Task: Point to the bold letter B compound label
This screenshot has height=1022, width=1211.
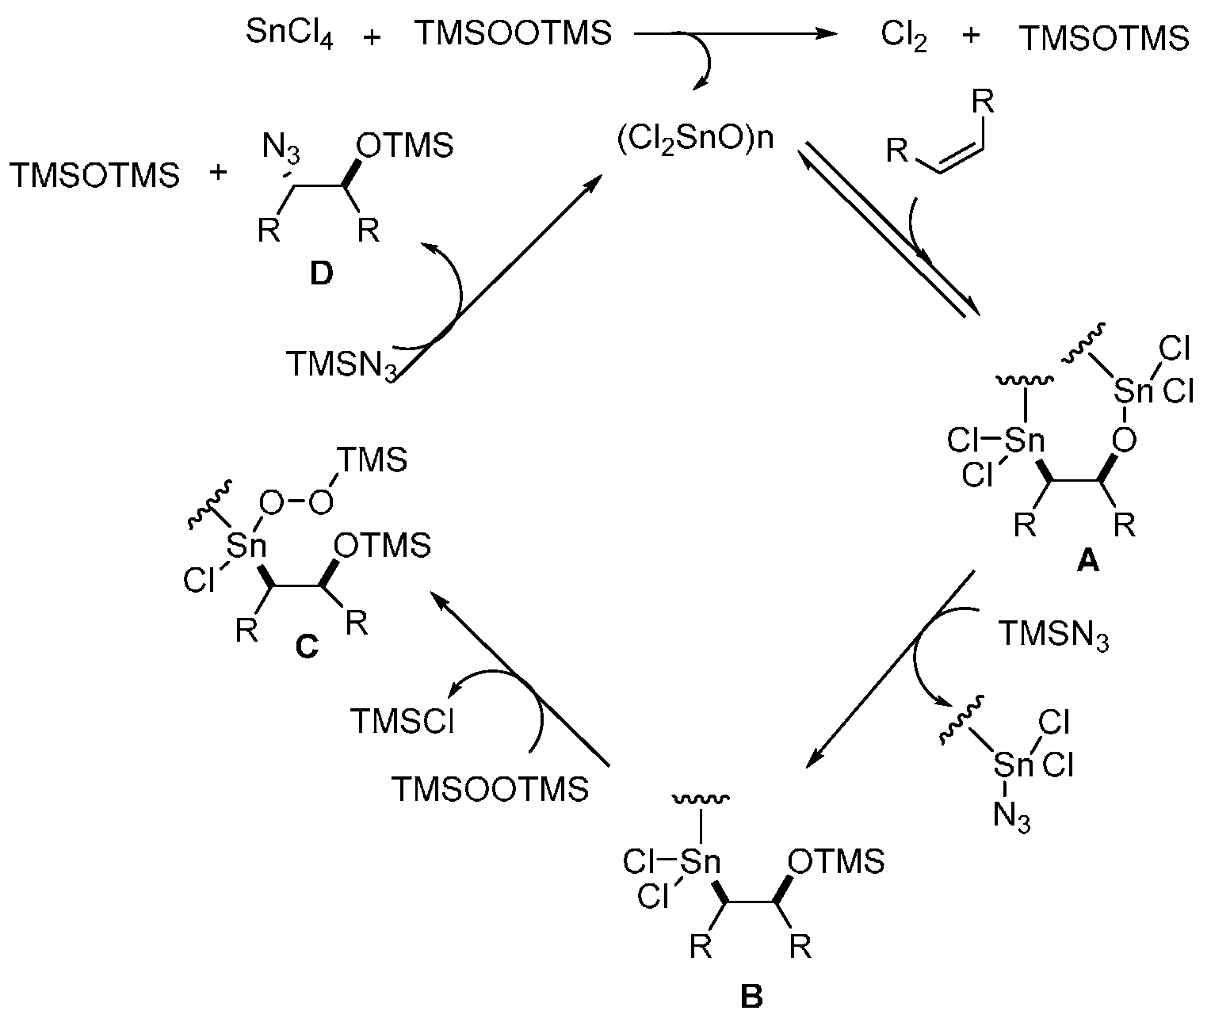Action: tap(751, 996)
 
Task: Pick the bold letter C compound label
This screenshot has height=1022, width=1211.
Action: tap(306, 647)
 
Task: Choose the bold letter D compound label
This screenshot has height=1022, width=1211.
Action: tap(321, 275)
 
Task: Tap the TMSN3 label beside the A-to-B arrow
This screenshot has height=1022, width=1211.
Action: tap(1052, 635)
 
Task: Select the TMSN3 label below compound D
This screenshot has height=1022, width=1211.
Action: tap(341, 365)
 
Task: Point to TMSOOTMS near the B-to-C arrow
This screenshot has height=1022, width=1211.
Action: tap(490, 789)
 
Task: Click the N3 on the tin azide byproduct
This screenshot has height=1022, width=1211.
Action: tap(1012, 817)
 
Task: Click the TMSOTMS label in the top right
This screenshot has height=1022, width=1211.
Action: tap(1103, 39)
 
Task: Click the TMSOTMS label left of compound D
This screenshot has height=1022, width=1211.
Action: tap(95, 175)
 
